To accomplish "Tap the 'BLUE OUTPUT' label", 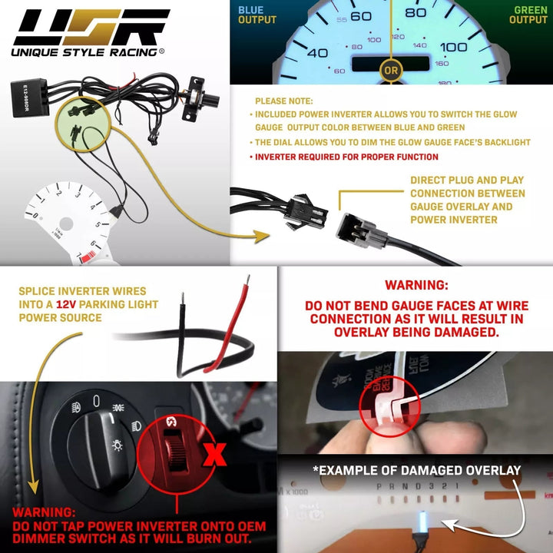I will (x=257, y=15).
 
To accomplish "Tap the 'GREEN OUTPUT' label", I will (x=528, y=15).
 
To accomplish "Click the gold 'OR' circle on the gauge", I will (x=391, y=70).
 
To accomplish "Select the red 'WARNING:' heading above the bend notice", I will (x=415, y=285).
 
